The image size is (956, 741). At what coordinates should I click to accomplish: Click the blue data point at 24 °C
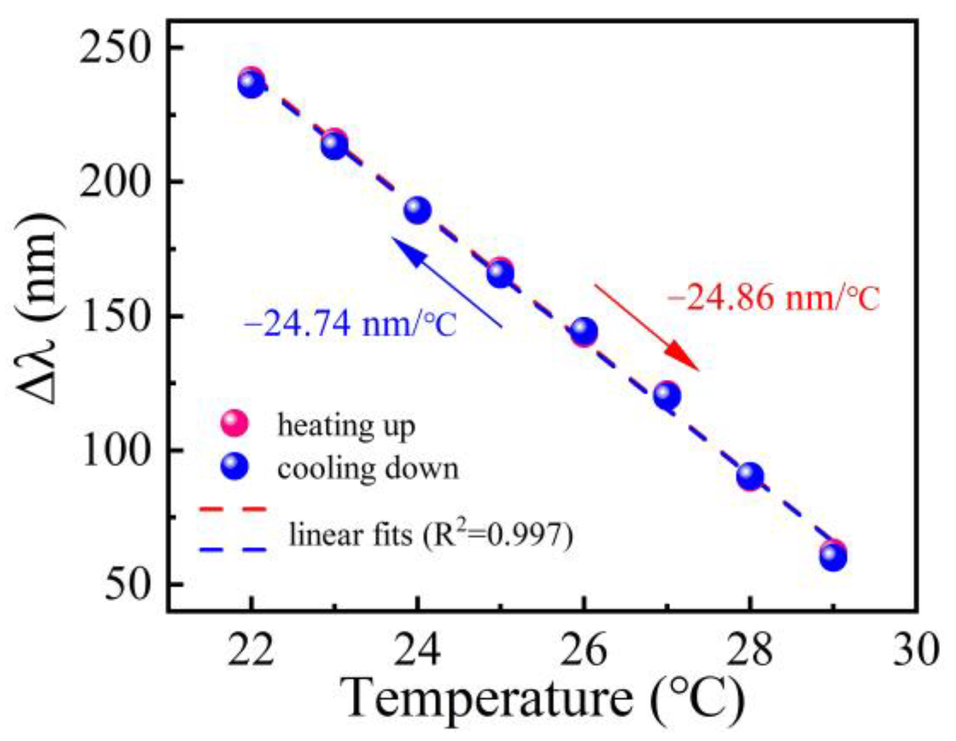click(418, 211)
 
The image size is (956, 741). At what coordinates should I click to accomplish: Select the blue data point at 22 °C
click(251, 85)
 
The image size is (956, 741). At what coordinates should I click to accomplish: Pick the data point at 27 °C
click(667, 395)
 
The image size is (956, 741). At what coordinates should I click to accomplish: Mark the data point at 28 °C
click(750, 476)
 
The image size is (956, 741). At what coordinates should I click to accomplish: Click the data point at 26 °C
click(584, 331)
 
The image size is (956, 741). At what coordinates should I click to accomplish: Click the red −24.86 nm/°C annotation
click(773, 298)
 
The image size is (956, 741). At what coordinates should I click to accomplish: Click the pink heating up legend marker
click(234, 423)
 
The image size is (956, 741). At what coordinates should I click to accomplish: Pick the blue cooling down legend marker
click(234, 467)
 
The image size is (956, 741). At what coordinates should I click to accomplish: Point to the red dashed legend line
click(233, 509)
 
